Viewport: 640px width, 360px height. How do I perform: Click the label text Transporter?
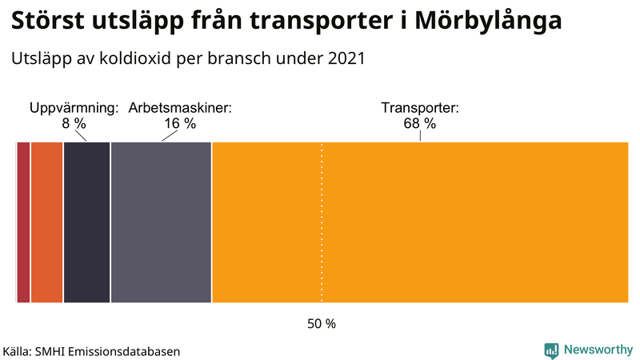click(x=419, y=108)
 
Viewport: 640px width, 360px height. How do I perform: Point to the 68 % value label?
click(x=419, y=124)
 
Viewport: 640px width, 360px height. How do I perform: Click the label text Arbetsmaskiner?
click(x=180, y=108)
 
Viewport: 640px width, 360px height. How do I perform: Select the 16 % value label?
click(x=180, y=124)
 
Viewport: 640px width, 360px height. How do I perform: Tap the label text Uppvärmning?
click(x=74, y=108)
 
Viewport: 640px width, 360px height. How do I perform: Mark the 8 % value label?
click(x=74, y=124)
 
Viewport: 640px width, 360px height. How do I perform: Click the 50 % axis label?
click(x=322, y=324)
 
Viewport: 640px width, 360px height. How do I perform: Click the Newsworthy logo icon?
click(x=551, y=350)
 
